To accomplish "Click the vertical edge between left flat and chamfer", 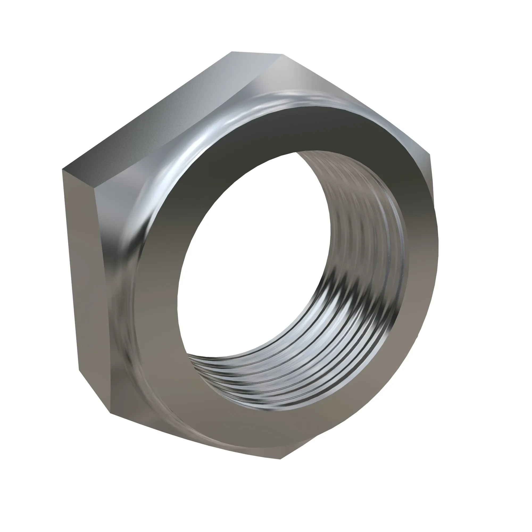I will point(98,275).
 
